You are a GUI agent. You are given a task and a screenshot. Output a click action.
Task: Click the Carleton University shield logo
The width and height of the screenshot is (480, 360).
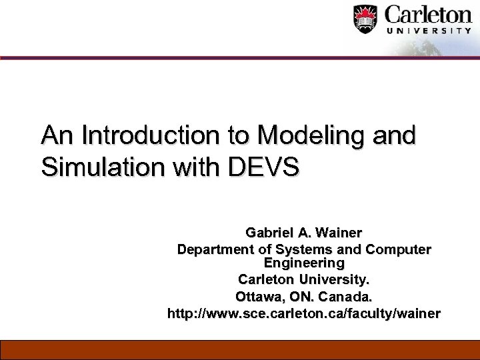tap(365, 19)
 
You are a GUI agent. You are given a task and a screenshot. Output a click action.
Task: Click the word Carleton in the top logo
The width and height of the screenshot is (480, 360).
tap(429, 15)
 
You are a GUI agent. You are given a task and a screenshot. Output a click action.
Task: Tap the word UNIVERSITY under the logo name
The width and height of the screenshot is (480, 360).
tap(429, 31)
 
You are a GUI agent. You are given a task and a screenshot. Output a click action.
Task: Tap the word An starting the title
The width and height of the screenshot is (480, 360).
tap(57, 135)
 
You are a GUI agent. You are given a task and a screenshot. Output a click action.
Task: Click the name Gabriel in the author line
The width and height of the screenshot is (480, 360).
tap(269, 233)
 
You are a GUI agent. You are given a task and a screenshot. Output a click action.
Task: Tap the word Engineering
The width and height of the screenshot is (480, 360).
tap(304, 263)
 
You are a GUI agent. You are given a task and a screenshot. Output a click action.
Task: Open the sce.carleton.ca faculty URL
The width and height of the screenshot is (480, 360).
tap(304, 313)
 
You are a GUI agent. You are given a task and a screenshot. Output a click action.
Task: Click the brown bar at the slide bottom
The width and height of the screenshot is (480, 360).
tap(240, 349)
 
